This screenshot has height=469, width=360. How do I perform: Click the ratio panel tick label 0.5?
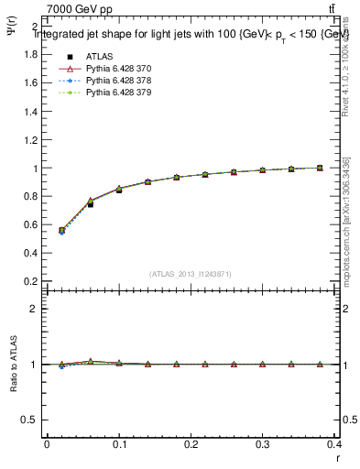tap(27, 420)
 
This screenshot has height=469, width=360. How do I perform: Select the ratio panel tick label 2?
tap(32, 309)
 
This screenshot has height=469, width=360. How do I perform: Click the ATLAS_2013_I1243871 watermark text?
tap(190, 274)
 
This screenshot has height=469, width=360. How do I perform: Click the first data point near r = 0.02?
tap(61, 231)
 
